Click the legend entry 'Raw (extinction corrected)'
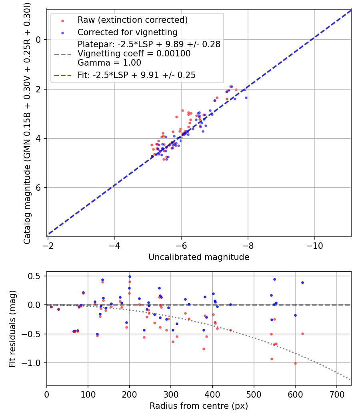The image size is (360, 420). (x=132, y=20)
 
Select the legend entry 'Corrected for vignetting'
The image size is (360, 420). (x=127, y=32)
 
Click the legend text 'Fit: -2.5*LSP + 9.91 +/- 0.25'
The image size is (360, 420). (x=136, y=75)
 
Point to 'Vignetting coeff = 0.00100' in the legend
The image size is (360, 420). (x=134, y=54)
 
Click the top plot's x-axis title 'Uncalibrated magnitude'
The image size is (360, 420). (x=199, y=257)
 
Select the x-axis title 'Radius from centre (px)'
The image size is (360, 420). (x=199, y=406)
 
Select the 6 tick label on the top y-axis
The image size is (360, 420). (x=39, y=188)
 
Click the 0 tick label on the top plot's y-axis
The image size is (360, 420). (x=39, y=40)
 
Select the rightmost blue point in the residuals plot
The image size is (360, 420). (x=302, y=282)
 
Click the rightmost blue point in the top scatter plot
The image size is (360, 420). (x=246, y=98)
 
